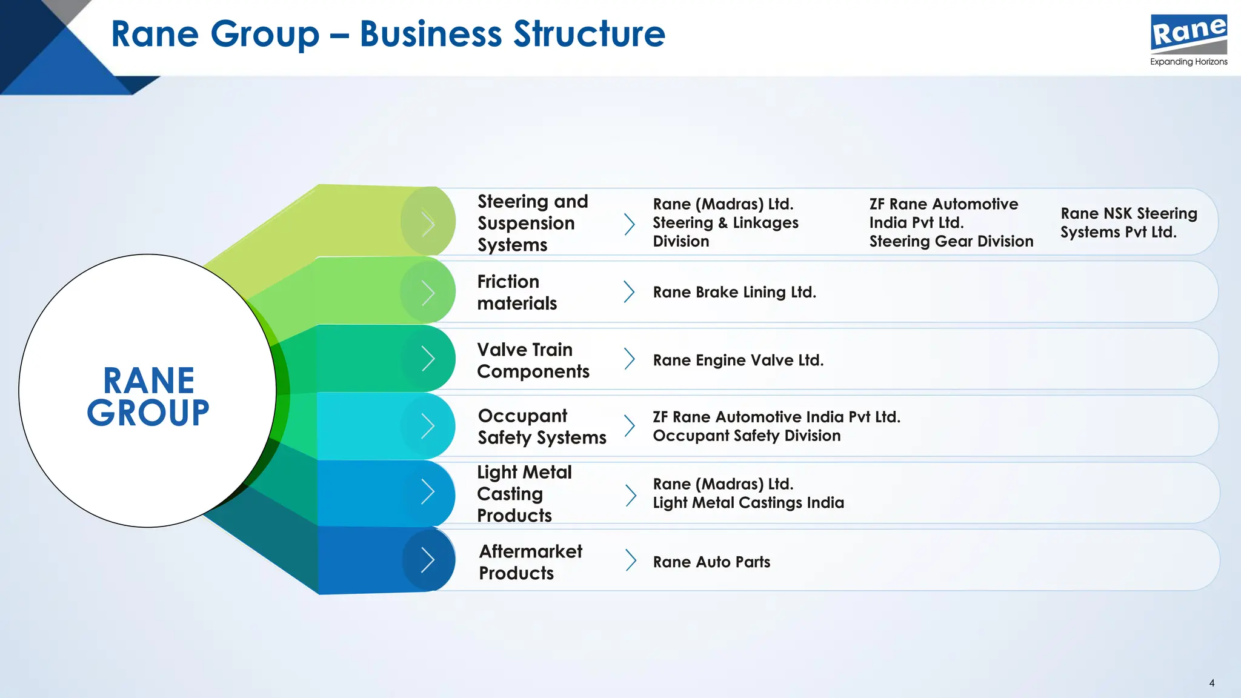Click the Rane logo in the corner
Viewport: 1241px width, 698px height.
pos(1188,34)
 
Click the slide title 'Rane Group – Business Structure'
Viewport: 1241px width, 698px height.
pos(388,34)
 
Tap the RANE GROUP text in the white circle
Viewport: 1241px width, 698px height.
pos(148,397)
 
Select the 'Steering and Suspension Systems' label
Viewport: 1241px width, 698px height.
pos(532,223)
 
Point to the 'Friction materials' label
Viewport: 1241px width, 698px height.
pos(516,292)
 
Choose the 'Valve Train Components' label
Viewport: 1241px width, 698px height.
pos(533,361)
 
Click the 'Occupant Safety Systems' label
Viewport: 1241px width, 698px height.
pos(541,427)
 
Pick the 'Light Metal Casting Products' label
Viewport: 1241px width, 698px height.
pos(524,494)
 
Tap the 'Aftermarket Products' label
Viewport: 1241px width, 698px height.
pos(530,562)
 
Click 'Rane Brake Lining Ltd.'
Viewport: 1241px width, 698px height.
pos(734,292)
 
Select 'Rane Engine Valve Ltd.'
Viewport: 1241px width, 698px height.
pos(738,361)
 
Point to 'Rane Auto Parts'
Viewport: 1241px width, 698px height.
pos(711,562)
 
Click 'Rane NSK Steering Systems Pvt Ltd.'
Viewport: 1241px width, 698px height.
pos(1128,223)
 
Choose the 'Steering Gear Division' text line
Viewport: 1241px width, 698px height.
pos(951,242)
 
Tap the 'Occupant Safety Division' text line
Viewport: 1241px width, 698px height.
pos(747,436)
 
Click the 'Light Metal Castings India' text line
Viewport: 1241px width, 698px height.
pos(748,503)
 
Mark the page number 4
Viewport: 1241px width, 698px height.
pos(1211,683)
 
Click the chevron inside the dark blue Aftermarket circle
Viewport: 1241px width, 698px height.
pos(428,560)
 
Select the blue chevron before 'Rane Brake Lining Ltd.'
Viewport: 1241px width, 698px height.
pos(629,292)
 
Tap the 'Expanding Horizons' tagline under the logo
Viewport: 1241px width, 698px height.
pos(1188,62)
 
